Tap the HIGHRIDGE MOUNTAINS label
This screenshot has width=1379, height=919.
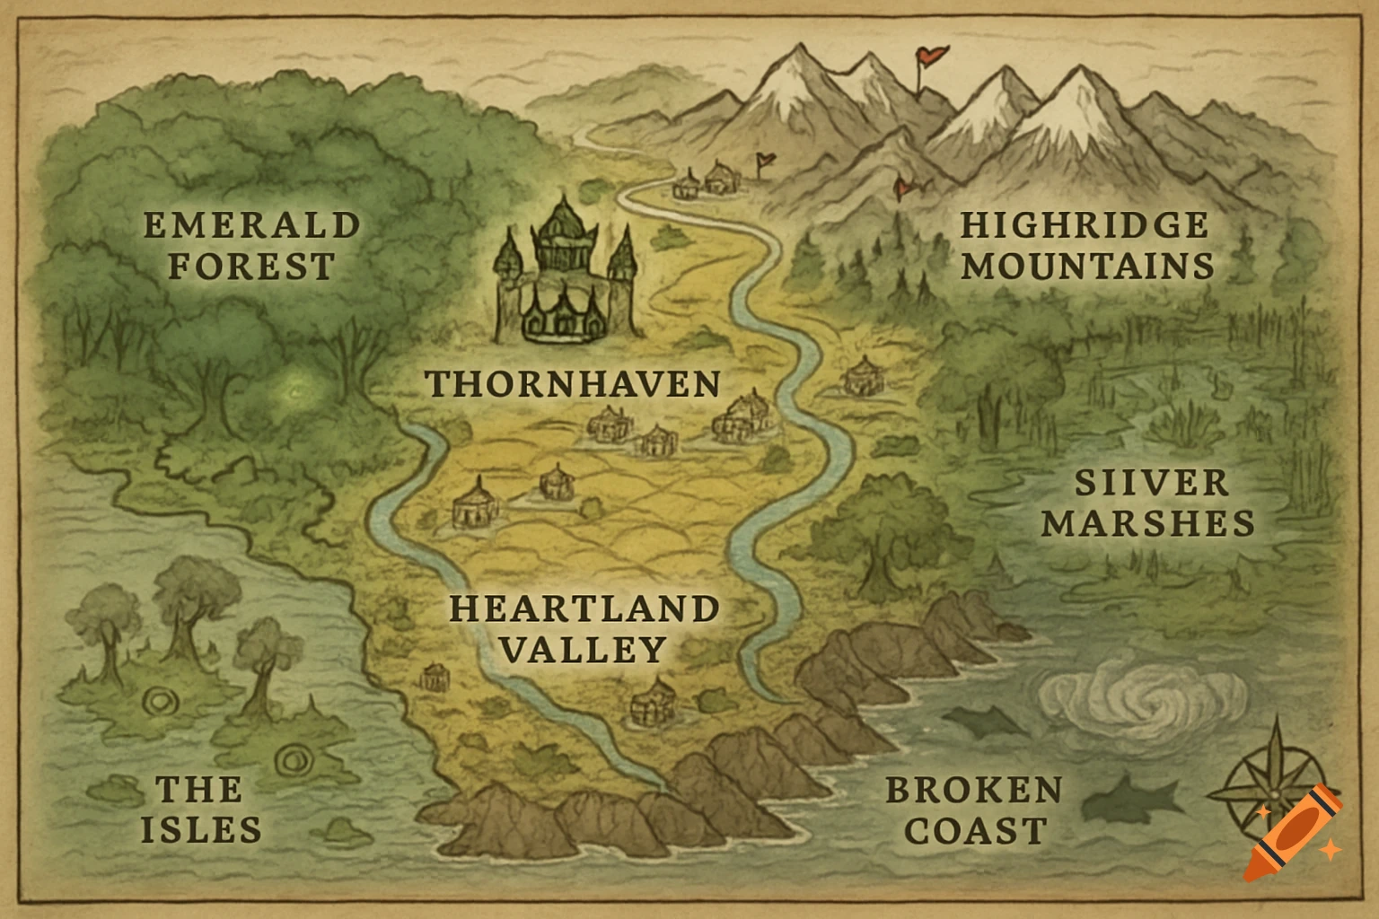[1086, 246]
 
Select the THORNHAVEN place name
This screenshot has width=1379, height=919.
[573, 384]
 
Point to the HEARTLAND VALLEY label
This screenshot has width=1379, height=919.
[584, 628]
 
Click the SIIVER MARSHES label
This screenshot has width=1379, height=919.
[1149, 503]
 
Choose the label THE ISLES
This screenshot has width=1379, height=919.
[201, 810]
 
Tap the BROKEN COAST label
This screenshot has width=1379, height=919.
[975, 810]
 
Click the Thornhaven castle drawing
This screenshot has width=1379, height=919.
[565, 274]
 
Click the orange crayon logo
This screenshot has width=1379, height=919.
[1293, 832]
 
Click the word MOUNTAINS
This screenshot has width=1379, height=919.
[1088, 267]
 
